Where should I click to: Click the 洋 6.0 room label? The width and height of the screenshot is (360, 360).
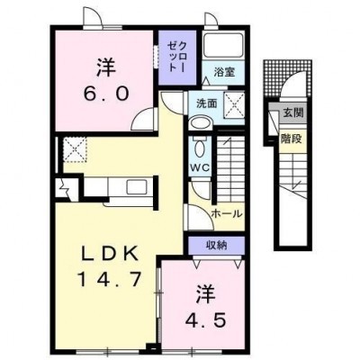[106, 79]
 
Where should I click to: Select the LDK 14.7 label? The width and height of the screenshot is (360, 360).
[109, 267]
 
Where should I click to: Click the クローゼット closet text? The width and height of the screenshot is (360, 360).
[177, 57]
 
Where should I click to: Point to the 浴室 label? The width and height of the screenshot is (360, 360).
[224, 72]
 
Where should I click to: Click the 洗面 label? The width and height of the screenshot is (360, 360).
[206, 103]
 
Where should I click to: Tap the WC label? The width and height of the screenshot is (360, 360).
[201, 168]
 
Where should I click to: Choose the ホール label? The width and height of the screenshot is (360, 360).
[227, 214]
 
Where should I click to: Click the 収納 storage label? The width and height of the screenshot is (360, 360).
[216, 246]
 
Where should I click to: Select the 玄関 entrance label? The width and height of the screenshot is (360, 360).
[293, 113]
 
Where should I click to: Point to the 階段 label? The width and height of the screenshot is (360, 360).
[291, 139]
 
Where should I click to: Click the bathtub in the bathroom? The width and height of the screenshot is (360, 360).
[223, 45]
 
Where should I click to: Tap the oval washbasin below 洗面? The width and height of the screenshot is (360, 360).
[201, 123]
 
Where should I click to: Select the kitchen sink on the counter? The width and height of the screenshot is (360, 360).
[136, 187]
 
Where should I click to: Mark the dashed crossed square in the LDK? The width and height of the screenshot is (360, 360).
[75, 149]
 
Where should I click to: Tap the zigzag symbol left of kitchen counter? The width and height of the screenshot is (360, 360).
[65, 187]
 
